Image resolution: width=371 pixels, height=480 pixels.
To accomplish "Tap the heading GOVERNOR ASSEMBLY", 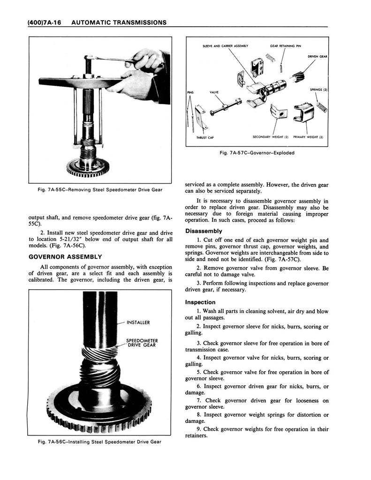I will [x=65, y=256].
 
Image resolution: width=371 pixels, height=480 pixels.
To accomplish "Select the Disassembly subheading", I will [x=204, y=231].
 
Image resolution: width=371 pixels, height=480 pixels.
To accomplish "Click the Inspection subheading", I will [x=200, y=302].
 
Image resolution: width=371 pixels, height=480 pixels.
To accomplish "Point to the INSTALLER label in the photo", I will [x=138, y=322].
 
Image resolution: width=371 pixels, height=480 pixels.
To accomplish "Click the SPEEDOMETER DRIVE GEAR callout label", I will [x=142, y=343].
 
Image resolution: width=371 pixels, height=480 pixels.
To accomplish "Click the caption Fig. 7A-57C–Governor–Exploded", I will [x=257, y=152].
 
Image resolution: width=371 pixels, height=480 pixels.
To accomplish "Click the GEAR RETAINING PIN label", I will [x=285, y=46].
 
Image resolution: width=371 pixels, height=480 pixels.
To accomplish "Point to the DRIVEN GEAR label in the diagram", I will [x=317, y=56].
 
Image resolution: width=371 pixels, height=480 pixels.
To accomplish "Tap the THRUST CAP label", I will [x=205, y=137].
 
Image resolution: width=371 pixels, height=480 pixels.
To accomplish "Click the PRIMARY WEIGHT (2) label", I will [x=310, y=137].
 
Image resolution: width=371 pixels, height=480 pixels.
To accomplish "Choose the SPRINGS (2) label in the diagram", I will [x=318, y=89].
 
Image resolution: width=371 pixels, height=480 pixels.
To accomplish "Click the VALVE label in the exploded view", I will [x=214, y=92].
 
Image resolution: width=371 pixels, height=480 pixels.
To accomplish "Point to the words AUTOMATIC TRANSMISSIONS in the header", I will [x=120, y=22].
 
